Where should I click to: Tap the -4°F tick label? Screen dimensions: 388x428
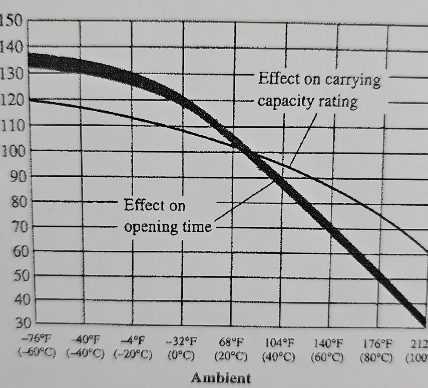coord(134,338)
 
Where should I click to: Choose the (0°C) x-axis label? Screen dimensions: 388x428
coord(181,356)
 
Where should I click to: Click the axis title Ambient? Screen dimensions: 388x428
coord(221,378)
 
